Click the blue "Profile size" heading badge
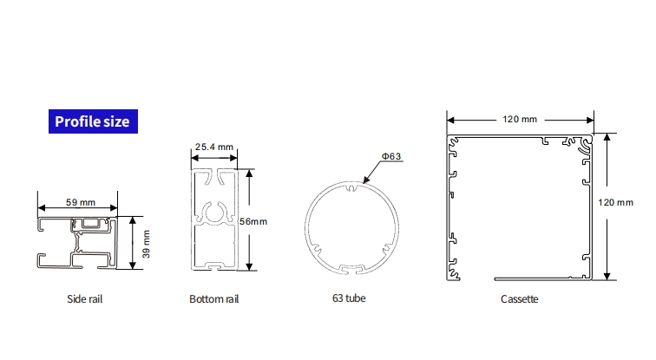pyautogui.click(x=93, y=121)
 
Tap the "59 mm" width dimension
pyautogui.click(x=81, y=202)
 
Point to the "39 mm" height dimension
pyautogui.click(x=146, y=244)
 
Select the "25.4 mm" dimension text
pyautogui.click(x=213, y=147)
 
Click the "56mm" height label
pyautogui.click(x=253, y=221)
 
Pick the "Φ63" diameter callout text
pyautogui.click(x=391, y=156)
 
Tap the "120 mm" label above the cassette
pyautogui.click(x=520, y=119)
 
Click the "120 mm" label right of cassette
pyautogui.click(x=615, y=202)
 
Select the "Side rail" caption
pyautogui.click(x=84, y=299)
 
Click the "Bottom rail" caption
pyautogui.click(x=213, y=299)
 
